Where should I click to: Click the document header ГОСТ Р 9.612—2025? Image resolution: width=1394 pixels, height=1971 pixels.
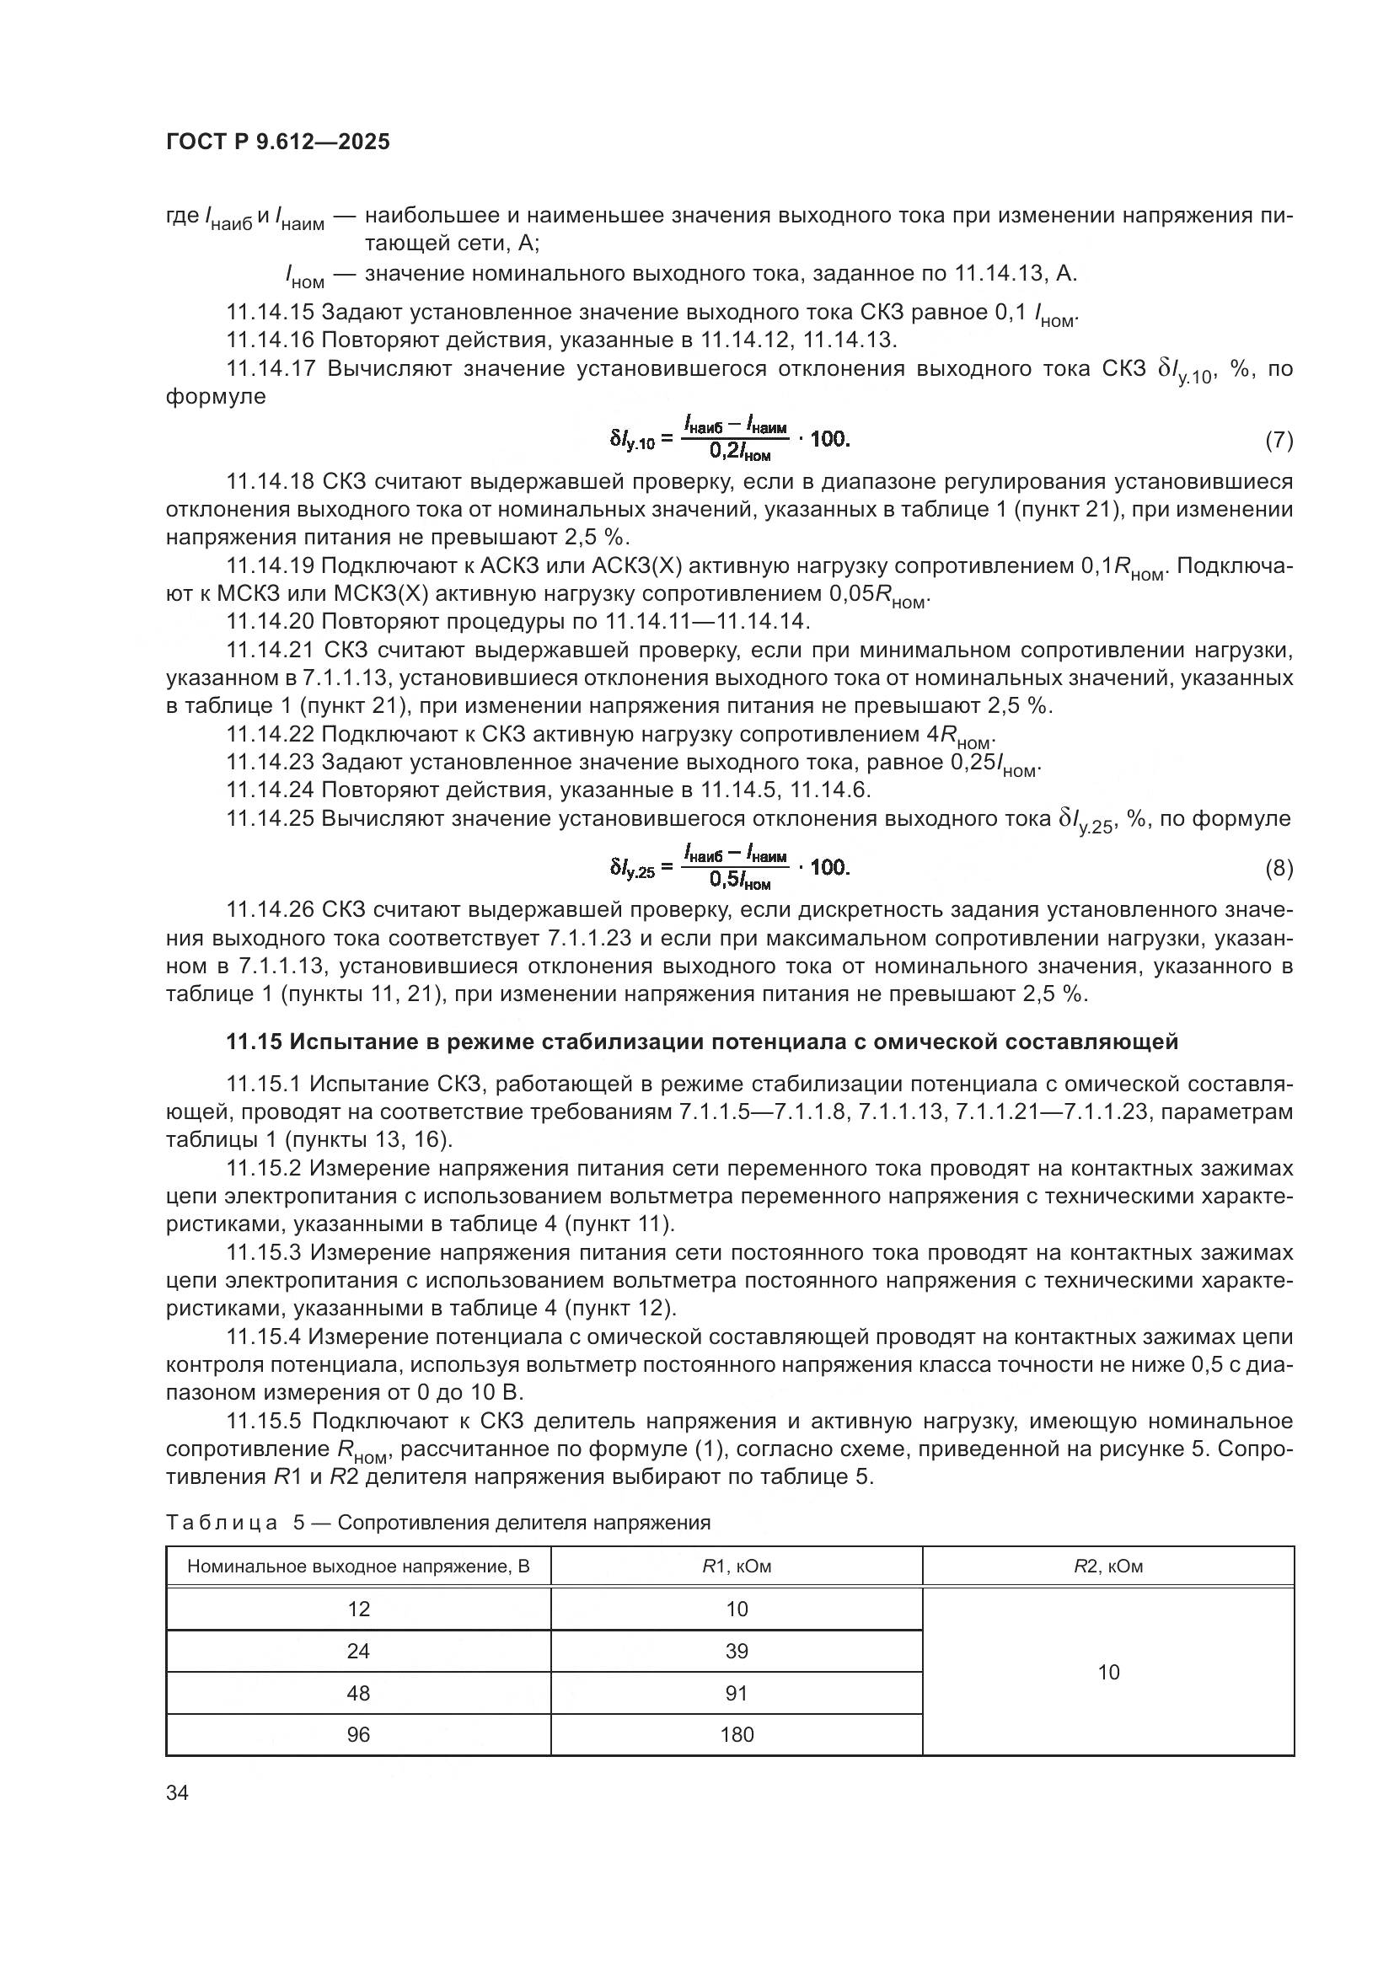[x=277, y=142]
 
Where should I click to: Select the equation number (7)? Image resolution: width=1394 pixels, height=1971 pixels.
[x=1279, y=442]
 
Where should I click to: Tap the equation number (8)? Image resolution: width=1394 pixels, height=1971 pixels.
[x=1279, y=869]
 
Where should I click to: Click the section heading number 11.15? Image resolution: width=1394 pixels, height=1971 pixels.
[x=254, y=1042]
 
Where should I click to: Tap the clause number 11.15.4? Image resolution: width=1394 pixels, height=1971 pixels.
[x=265, y=1336]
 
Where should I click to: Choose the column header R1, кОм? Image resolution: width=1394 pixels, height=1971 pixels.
[x=736, y=1567]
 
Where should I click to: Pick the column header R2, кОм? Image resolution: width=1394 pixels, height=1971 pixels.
[x=1107, y=1567]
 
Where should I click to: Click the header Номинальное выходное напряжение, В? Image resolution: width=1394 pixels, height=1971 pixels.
[x=358, y=1567]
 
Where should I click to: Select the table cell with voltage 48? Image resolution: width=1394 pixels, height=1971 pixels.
[x=358, y=1693]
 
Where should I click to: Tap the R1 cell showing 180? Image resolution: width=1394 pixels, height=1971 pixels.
[x=736, y=1735]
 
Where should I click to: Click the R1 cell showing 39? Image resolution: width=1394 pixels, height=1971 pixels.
[x=736, y=1651]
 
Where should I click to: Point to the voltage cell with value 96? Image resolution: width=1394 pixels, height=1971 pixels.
[x=358, y=1735]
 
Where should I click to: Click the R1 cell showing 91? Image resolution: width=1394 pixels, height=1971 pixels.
[x=736, y=1693]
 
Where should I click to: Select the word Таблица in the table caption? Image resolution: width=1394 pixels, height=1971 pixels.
[x=221, y=1523]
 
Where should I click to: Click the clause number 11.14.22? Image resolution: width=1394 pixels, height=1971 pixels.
[x=271, y=735]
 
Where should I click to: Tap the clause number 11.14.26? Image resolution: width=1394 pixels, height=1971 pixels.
[x=271, y=910]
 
